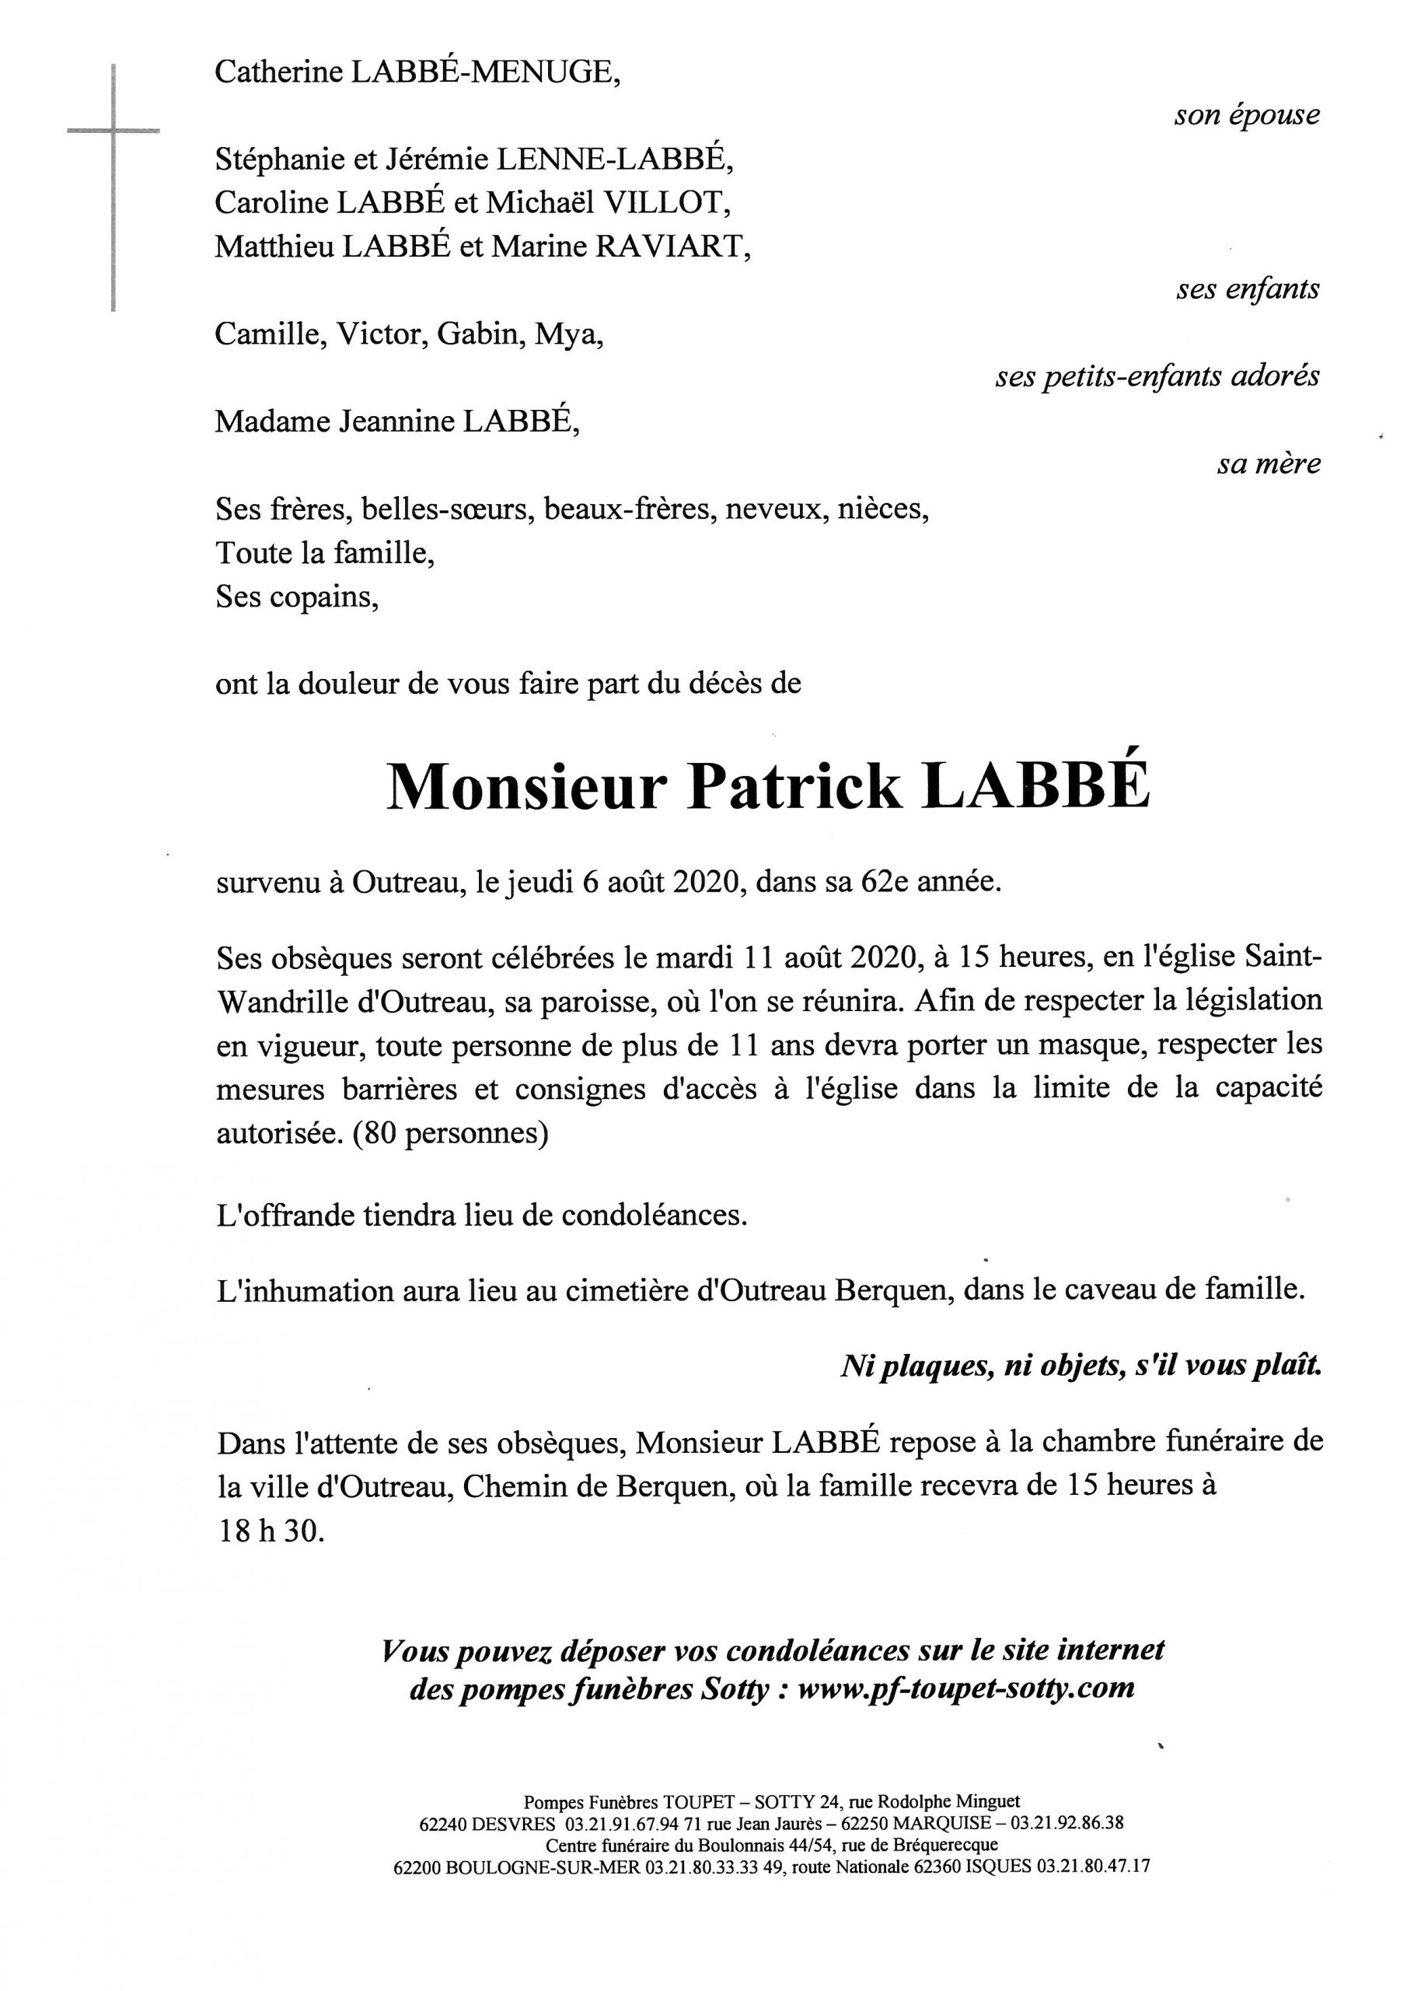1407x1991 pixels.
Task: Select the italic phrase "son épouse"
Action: click(1246, 115)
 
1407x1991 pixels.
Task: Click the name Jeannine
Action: click(396, 422)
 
